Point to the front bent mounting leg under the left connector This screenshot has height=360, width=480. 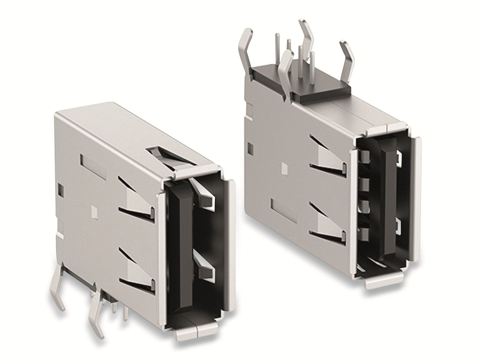(96, 309)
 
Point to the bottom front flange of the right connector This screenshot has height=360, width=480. (384, 280)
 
